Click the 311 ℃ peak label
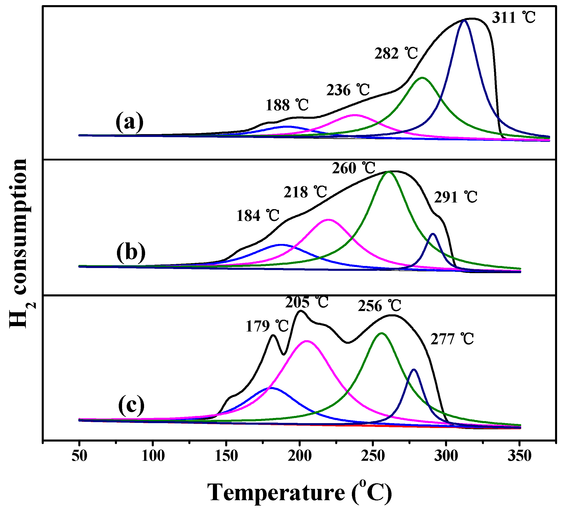pyautogui.click(x=513, y=18)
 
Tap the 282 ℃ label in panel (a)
pyautogui.click(x=396, y=53)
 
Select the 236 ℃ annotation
pyautogui.click(x=348, y=90)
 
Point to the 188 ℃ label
pyautogui.click(x=287, y=105)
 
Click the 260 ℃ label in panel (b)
pyautogui.click(x=354, y=168)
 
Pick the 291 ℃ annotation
pyautogui.click(x=455, y=197)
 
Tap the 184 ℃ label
pyautogui.click(x=258, y=216)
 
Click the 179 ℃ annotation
pyautogui.click(x=267, y=326)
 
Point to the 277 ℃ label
pyautogui.click(x=452, y=339)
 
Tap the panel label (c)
pyautogui.click(x=131, y=405)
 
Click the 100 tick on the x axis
pyautogui.click(x=153, y=456)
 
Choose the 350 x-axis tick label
pyautogui.click(x=519, y=456)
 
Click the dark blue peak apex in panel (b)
pyautogui.click(x=433, y=234)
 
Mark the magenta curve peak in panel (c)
pyautogui.click(x=307, y=341)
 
